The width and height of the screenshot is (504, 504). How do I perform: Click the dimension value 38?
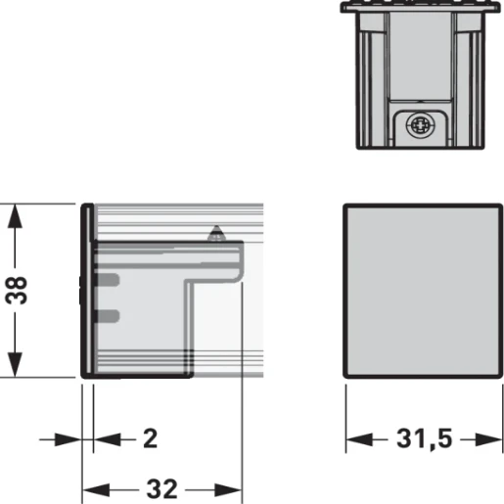tap(22, 290)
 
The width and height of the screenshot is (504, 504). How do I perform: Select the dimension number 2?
tap(149, 437)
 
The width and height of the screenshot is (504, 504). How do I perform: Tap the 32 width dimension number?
tap(161, 486)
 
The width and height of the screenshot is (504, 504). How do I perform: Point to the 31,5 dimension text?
tap(424, 438)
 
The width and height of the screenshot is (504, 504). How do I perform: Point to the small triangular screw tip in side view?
tap(216, 234)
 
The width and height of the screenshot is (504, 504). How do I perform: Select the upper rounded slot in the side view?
tap(108, 281)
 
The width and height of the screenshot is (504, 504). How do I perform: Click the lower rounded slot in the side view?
tap(108, 315)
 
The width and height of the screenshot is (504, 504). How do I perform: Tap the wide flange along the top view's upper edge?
tap(423, 8)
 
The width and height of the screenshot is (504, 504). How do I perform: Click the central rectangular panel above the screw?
tap(423, 59)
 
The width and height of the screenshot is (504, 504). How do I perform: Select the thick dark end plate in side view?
tap(86, 290)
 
